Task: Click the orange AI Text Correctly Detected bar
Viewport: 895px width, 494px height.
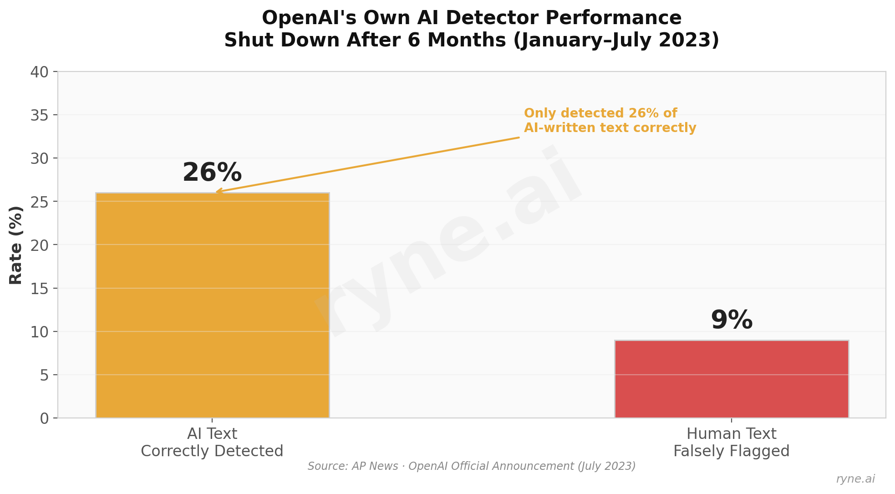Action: click(212, 305)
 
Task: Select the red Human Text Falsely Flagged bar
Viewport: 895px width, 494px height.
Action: click(732, 379)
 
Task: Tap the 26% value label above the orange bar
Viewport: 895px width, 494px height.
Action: click(212, 173)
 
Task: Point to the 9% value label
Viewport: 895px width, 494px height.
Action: click(732, 320)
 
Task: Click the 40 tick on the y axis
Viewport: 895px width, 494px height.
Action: click(40, 72)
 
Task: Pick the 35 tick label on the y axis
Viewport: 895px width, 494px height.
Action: click(40, 115)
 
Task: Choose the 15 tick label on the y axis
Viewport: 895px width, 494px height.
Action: click(40, 289)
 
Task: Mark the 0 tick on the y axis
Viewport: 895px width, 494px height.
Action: click(45, 418)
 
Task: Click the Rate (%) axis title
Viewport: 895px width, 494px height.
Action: click(16, 245)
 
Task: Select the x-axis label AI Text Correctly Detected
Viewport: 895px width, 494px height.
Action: click(212, 443)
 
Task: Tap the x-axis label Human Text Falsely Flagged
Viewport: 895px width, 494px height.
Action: click(732, 443)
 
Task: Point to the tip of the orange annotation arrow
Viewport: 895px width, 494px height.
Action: click(217, 192)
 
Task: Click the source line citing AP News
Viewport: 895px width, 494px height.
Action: click(472, 466)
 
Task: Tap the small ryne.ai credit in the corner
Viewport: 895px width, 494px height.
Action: click(855, 479)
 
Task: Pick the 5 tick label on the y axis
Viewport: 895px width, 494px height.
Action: click(45, 375)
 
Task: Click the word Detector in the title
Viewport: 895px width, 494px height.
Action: click(496, 18)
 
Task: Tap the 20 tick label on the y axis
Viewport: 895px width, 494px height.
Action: click(40, 245)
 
